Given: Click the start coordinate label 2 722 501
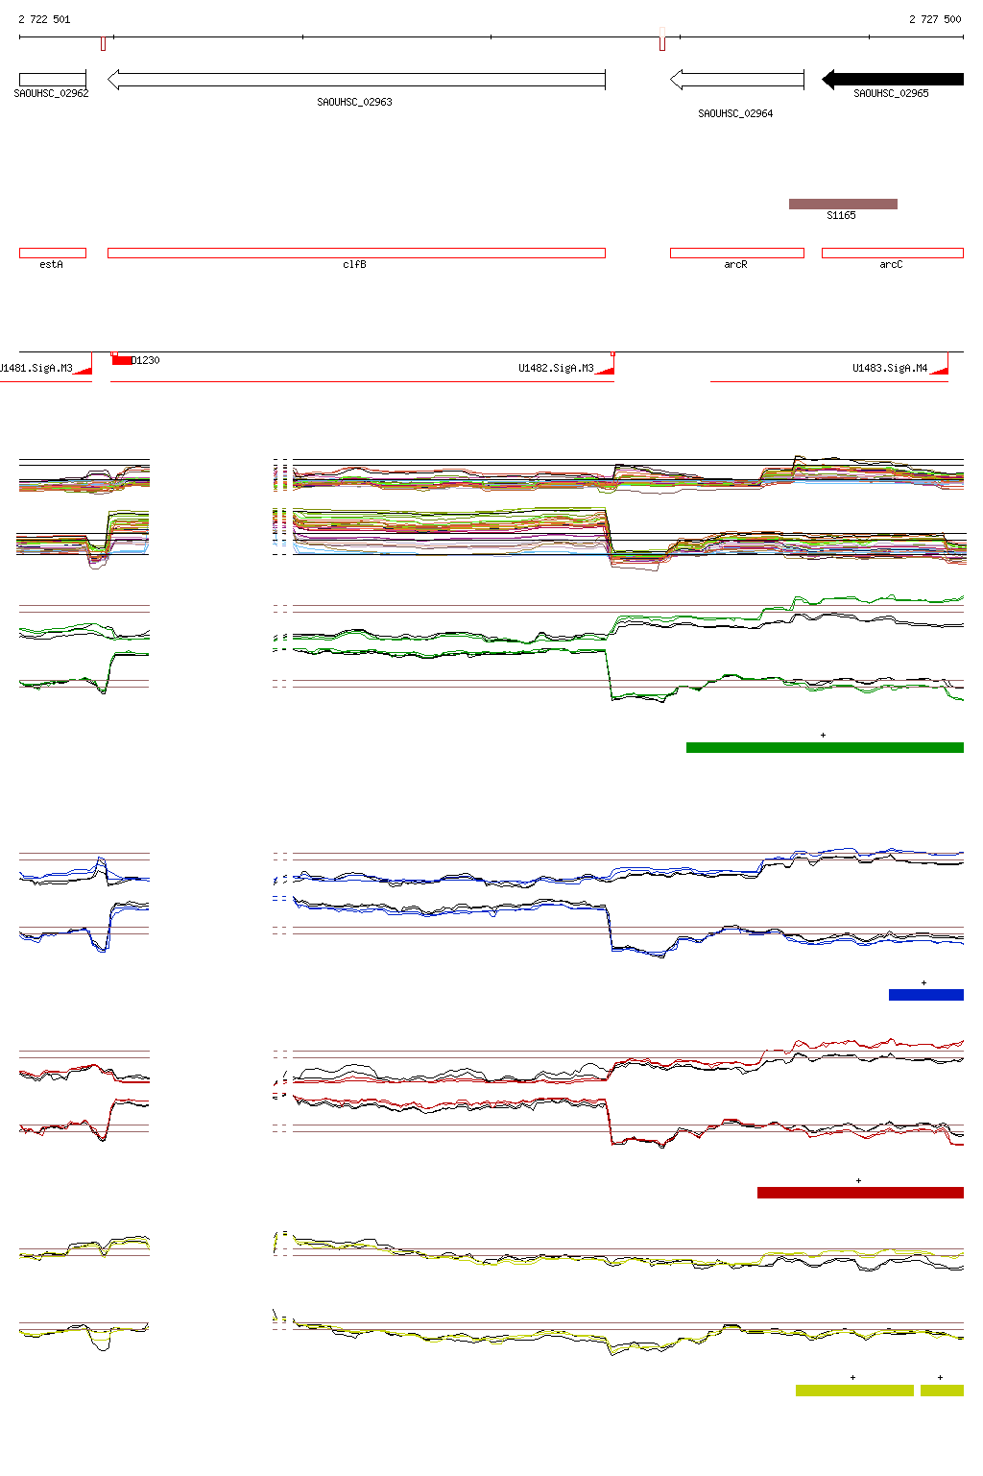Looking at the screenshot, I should [44, 19].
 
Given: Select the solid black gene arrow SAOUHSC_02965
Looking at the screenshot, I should [893, 80].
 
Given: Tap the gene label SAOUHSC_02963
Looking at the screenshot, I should [354, 102].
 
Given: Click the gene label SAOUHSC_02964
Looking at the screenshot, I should [735, 113].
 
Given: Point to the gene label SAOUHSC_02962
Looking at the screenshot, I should [51, 93].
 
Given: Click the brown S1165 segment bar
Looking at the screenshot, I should [843, 204].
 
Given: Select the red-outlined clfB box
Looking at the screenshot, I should [356, 254].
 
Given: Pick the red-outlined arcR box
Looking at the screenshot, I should [736, 254].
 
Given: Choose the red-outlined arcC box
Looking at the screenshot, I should [892, 254].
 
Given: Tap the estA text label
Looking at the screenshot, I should [51, 264].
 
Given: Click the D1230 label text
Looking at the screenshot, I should [146, 360].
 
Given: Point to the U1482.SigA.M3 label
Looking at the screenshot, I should [556, 368].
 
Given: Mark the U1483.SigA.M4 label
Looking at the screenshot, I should [890, 368].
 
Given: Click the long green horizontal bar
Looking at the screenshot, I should [825, 747].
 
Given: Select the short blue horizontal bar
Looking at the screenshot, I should [925, 995].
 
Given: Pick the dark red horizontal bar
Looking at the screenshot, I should [860, 1193].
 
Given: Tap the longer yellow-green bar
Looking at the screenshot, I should [854, 1390].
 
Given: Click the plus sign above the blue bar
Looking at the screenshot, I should [923, 982].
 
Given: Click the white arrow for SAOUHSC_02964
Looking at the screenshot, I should [736, 80].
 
